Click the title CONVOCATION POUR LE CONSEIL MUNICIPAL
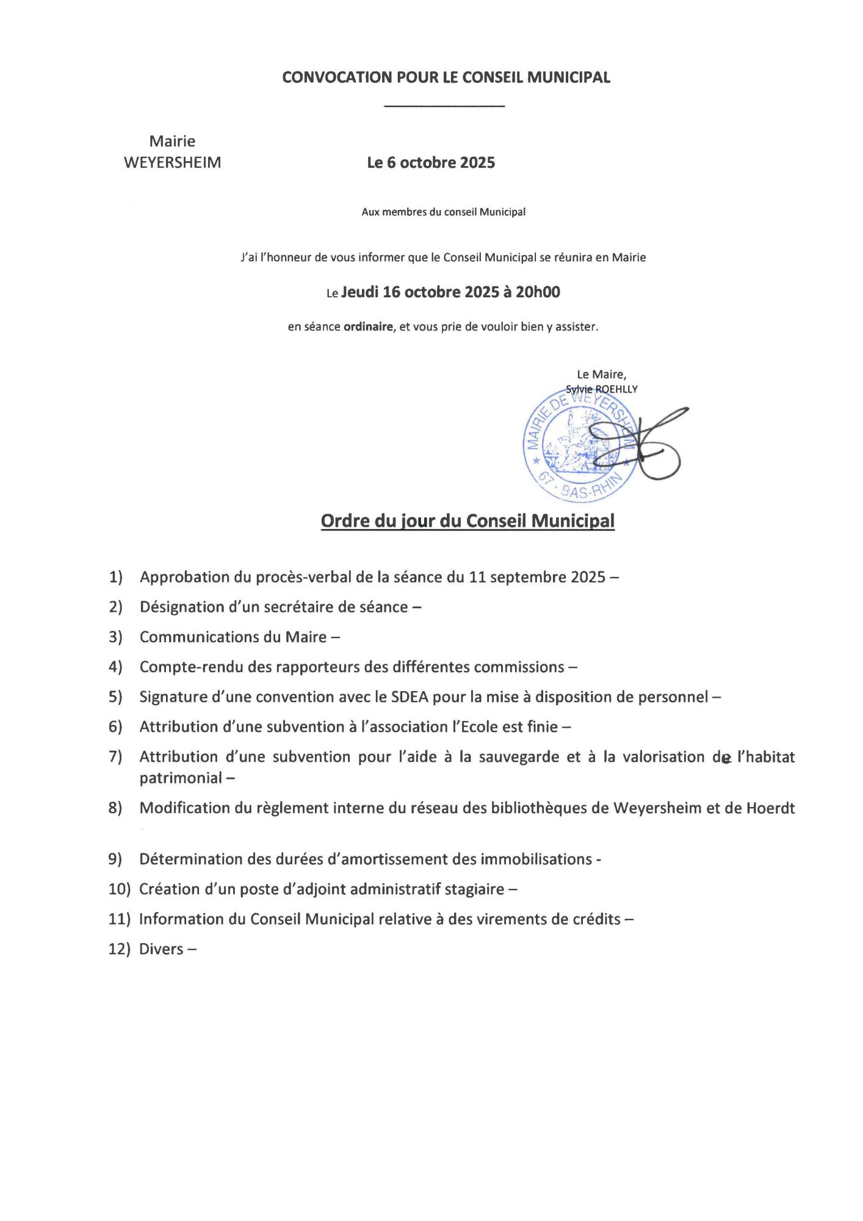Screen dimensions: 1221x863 (446, 78)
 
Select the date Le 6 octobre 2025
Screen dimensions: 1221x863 (431, 163)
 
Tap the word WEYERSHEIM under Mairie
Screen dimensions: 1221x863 (172, 163)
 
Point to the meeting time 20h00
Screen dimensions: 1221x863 (538, 292)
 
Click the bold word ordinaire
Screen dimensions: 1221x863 (368, 327)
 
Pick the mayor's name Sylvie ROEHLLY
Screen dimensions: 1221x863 (601, 389)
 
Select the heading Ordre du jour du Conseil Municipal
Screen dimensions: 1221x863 (468, 521)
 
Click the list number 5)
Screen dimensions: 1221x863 (115, 697)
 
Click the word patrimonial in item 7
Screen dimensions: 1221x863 (181, 778)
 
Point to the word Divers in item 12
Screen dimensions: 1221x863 (161, 949)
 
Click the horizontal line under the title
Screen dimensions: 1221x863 (444, 107)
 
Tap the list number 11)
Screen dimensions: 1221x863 (119, 919)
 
